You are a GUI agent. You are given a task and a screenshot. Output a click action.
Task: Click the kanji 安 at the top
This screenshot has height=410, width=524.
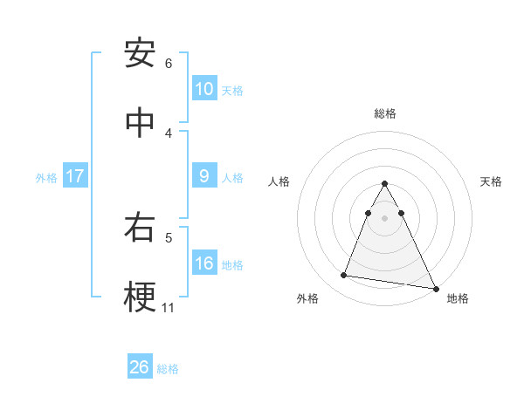[x=140, y=54]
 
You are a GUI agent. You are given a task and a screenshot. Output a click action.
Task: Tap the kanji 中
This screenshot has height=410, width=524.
[x=140, y=123]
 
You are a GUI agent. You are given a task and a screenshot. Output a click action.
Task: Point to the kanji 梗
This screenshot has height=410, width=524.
[x=140, y=297]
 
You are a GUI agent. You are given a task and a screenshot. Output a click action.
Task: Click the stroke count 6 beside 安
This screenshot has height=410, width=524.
[x=169, y=64]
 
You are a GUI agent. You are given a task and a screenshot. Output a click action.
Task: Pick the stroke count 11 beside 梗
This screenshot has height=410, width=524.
[x=169, y=307]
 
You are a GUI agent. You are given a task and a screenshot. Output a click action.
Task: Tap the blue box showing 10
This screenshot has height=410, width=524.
[x=204, y=89]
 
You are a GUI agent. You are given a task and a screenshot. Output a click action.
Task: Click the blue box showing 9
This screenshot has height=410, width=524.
[x=204, y=176]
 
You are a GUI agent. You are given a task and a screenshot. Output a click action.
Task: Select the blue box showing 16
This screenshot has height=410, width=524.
[x=204, y=263]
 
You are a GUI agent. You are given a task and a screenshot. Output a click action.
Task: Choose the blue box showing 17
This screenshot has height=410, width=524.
[x=74, y=176]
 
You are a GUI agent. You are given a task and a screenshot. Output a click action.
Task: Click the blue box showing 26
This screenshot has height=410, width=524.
[x=140, y=367]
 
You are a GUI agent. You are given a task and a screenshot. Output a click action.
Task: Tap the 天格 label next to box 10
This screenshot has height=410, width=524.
[x=232, y=91]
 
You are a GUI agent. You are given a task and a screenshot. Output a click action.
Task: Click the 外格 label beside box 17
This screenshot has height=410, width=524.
[x=46, y=178]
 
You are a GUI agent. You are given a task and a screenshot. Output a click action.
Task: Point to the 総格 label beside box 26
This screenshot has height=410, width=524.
[x=168, y=369]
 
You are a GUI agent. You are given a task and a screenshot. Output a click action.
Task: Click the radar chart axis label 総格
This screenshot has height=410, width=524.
[x=385, y=113]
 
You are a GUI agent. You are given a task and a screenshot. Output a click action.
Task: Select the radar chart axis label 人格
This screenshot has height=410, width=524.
[x=279, y=181]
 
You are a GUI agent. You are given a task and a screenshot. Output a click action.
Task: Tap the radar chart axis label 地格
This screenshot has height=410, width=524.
[x=458, y=298]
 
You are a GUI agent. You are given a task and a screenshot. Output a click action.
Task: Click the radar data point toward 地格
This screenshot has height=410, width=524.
[x=435, y=287]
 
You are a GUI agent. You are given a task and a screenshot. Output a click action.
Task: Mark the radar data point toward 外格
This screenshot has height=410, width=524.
[x=344, y=276]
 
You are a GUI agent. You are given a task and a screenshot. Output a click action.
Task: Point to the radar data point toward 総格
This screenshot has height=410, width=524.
[x=385, y=184]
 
